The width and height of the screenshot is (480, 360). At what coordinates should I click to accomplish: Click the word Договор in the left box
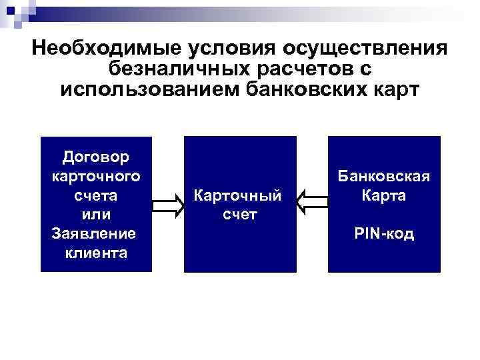95,157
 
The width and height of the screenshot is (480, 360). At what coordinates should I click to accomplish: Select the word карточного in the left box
95,177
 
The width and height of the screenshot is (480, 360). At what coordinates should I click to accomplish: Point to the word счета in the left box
95,196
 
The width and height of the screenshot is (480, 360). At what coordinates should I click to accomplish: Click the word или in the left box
95,215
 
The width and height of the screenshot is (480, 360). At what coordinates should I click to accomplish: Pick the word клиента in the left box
95,253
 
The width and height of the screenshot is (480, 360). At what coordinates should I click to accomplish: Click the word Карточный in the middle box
238,196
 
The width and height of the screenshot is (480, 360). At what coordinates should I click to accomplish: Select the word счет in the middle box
238,215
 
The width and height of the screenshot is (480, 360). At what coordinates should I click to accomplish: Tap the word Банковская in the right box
384,177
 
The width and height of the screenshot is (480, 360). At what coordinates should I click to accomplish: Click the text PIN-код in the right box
384,234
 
